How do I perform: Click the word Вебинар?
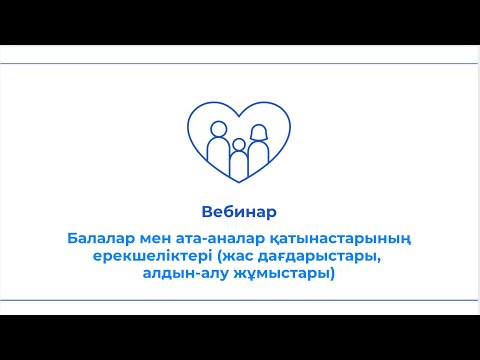[x=238, y=212]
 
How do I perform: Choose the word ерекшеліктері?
[x=144, y=258]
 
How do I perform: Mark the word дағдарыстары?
[x=318, y=258]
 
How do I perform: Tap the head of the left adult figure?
[x=219, y=127]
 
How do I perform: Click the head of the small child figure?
[x=239, y=147]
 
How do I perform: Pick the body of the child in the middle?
[x=239, y=166]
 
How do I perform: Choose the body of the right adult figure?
[x=260, y=156]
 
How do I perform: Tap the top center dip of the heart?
[x=239, y=114]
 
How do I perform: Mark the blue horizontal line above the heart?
[x=240, y=63]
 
